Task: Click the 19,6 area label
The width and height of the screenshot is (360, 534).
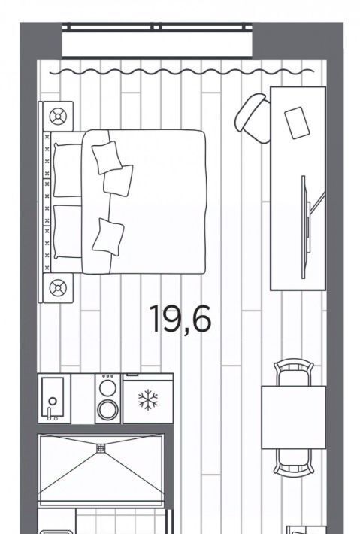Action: point(180,320)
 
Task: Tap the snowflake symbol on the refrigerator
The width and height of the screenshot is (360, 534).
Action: point(148,399)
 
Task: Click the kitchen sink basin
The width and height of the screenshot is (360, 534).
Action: point(53,397)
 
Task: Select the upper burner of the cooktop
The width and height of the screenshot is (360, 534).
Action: point(108,388)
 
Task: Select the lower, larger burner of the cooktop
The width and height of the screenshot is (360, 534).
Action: point(108,410)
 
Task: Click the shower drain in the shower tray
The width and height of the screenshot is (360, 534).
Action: point(101,448)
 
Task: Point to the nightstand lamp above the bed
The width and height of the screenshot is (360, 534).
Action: point(58,117)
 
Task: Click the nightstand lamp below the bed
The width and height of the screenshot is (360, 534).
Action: point(58,288)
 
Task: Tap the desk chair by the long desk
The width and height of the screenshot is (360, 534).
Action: point(253,118)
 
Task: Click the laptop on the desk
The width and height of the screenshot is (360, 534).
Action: point(297,123)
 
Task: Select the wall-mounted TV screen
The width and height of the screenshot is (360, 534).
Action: point(304,227)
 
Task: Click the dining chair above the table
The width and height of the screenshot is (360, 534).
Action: point(294,372)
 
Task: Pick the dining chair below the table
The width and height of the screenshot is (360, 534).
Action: point(294,463)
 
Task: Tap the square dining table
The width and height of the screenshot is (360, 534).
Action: point(294,417)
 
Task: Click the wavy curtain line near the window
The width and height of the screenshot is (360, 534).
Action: point(182,72)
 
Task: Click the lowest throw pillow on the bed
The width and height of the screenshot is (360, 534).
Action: point(108,237)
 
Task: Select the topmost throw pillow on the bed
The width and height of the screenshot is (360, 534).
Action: point(107,158)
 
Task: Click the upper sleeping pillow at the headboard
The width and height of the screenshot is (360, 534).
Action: point(68,170)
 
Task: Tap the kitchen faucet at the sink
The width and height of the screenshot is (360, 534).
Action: point(50,414)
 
